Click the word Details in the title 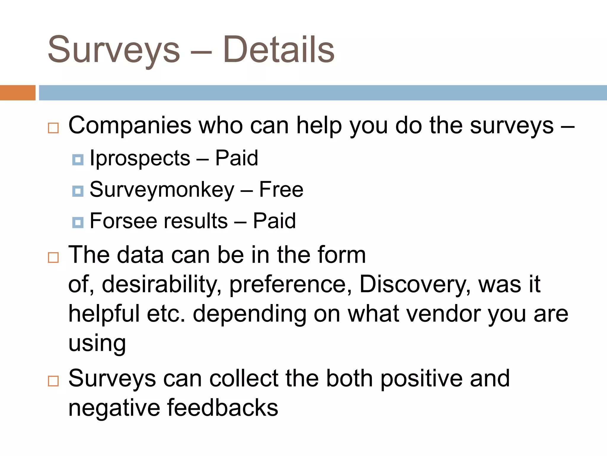pos(279,50)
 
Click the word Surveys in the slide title pos(114,50)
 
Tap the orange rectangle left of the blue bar pos(17,93)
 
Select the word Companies pos(130,126)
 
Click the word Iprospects pos(140,158)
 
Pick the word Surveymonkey pos(162,190)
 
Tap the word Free pos(281,189)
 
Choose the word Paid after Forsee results pos(274,221)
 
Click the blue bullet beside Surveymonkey pos(78,191)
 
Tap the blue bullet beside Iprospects pos(78,160)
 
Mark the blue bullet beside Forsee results pos(78,222)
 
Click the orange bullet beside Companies pos(53,128)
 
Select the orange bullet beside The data pos(53,257)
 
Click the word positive pos(421,379)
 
